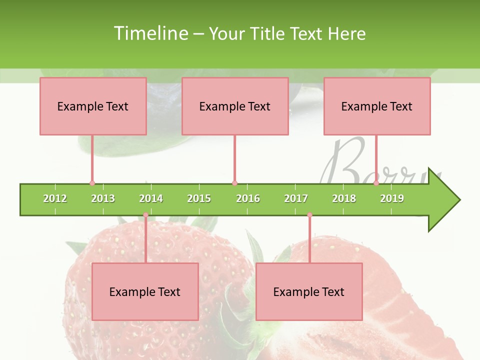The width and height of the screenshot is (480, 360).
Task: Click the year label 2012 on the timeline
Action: pyautogui.click(x=55, y=199)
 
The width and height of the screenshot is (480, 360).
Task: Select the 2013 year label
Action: pyautogui.click(x=103, y=199)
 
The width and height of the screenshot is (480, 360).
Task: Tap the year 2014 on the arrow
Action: pyautogui.click(x=151, y=199)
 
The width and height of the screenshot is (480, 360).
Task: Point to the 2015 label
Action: pyautogui.click(x=199, y=199)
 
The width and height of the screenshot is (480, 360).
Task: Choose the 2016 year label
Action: pyautogui.click(x=248, y=199)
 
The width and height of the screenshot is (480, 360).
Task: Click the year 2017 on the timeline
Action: pyautogui.click(x=296, y=199)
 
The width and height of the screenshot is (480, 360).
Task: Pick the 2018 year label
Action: pyautogui.click(x=344, y=199)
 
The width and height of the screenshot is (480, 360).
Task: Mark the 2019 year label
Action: pyautogui.click(x=392, y=199)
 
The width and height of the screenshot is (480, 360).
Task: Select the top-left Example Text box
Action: pyautogui.click(x=93, y=106)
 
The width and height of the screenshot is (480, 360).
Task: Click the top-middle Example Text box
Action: pyautogui.click(x=235, y=106)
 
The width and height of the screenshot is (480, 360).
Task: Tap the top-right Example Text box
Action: pyautogui.click(x=377, y=106)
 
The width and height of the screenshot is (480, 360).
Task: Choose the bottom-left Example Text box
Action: pyautogui.click(x=145, y=291)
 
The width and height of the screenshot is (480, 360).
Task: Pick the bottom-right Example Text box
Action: pyautogui.click(x=309, y=291)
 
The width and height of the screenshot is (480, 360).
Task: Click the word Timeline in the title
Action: pyautogui.click(x=150, y=33)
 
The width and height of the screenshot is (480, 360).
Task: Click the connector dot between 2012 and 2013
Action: pyautogui.click(x=92, y=183)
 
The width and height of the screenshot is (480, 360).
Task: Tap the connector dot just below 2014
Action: pyautogui.click(x=145, y=215)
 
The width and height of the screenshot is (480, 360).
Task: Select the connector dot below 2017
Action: pyautogui.click(x=309, y=215)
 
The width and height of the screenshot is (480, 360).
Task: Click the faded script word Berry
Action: pyautogui.click(x=380, y=162)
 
